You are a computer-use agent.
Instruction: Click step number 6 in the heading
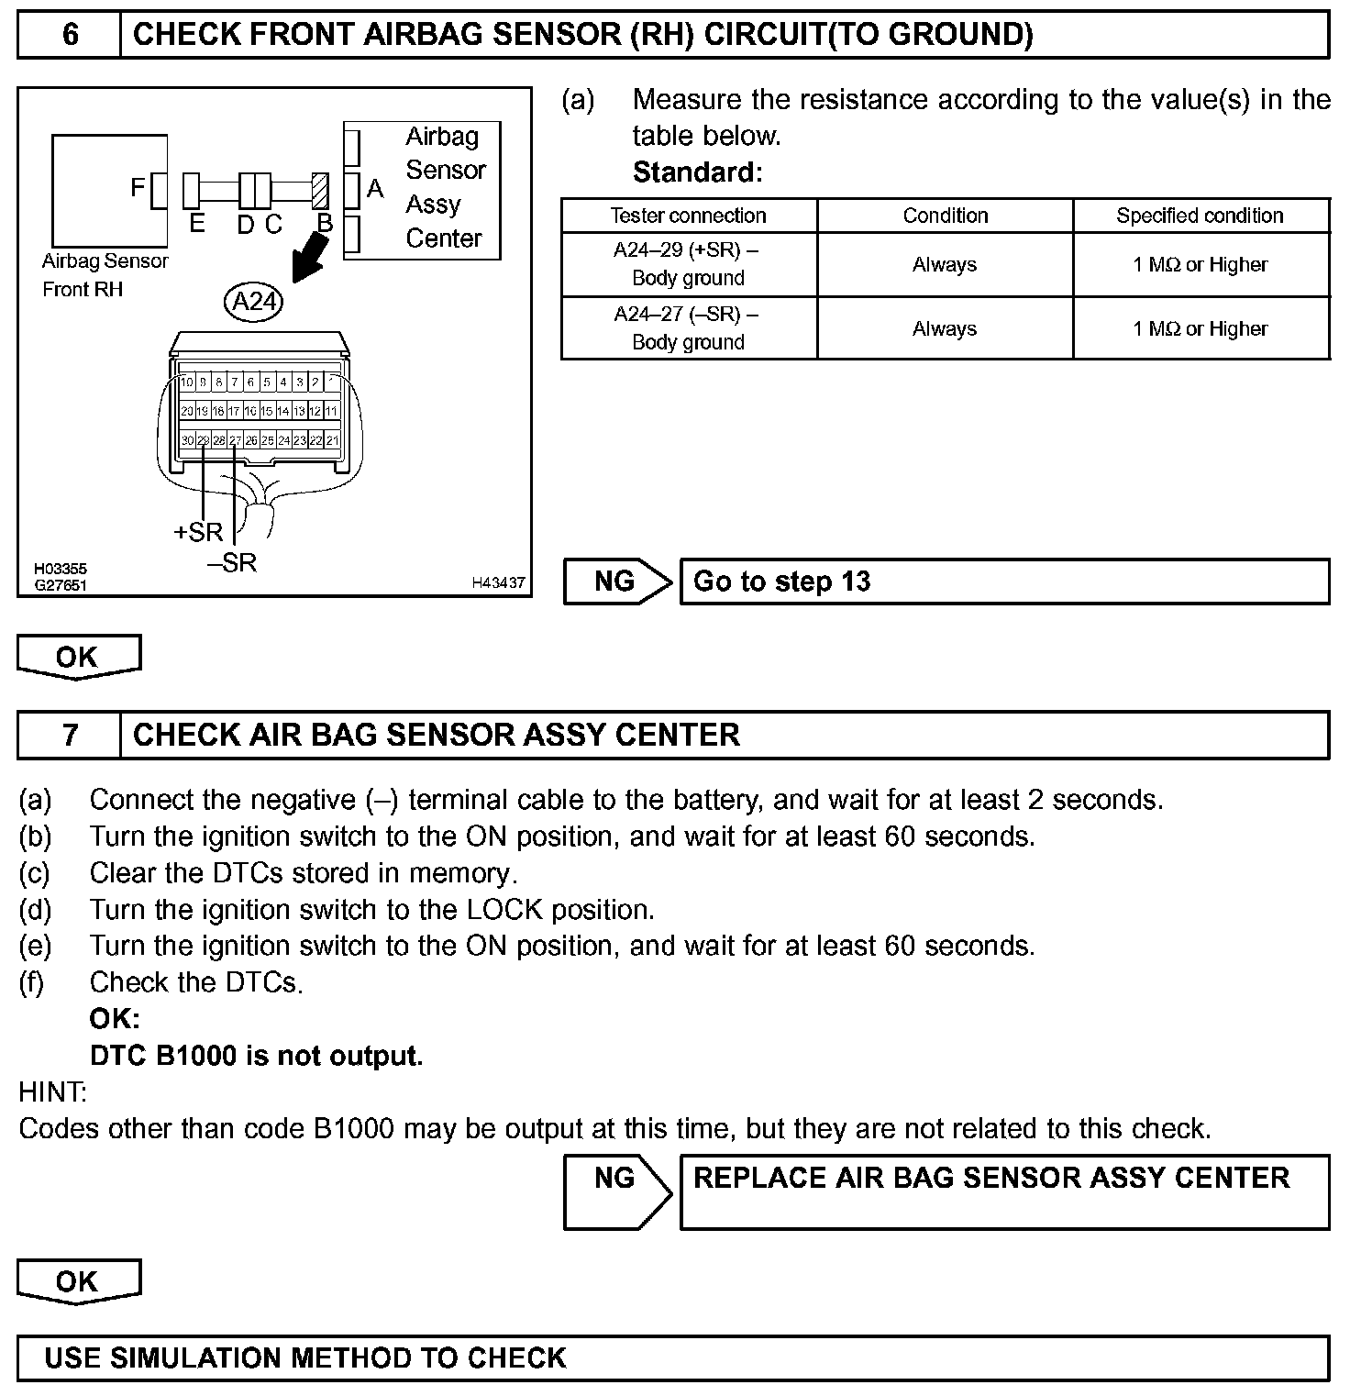pos(70,35)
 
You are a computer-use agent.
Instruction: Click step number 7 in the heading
pos(70,735)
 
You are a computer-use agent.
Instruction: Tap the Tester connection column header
pos(688,216)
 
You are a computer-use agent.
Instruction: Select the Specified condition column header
pos(1200,216)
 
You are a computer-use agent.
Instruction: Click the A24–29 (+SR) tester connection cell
pos(688,264)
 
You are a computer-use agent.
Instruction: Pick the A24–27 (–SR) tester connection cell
pos(688,328)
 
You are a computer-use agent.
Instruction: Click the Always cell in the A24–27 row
pos(945,328)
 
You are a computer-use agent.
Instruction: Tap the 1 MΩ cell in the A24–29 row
pos(1200,264)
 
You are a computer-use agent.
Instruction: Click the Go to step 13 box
pos(1003,582)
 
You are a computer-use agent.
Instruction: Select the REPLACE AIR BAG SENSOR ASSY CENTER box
pos(1003,1191)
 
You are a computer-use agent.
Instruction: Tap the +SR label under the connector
pos(198,532)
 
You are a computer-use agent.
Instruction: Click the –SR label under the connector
pos(233,563)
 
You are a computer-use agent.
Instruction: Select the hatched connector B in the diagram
pos(320,191)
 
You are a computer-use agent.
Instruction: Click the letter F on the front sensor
pos(138,188)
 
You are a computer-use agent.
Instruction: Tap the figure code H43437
pos(498,582)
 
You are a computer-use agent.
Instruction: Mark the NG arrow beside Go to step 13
pos(617,582)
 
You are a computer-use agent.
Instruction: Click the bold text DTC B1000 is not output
pos(256,1056)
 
